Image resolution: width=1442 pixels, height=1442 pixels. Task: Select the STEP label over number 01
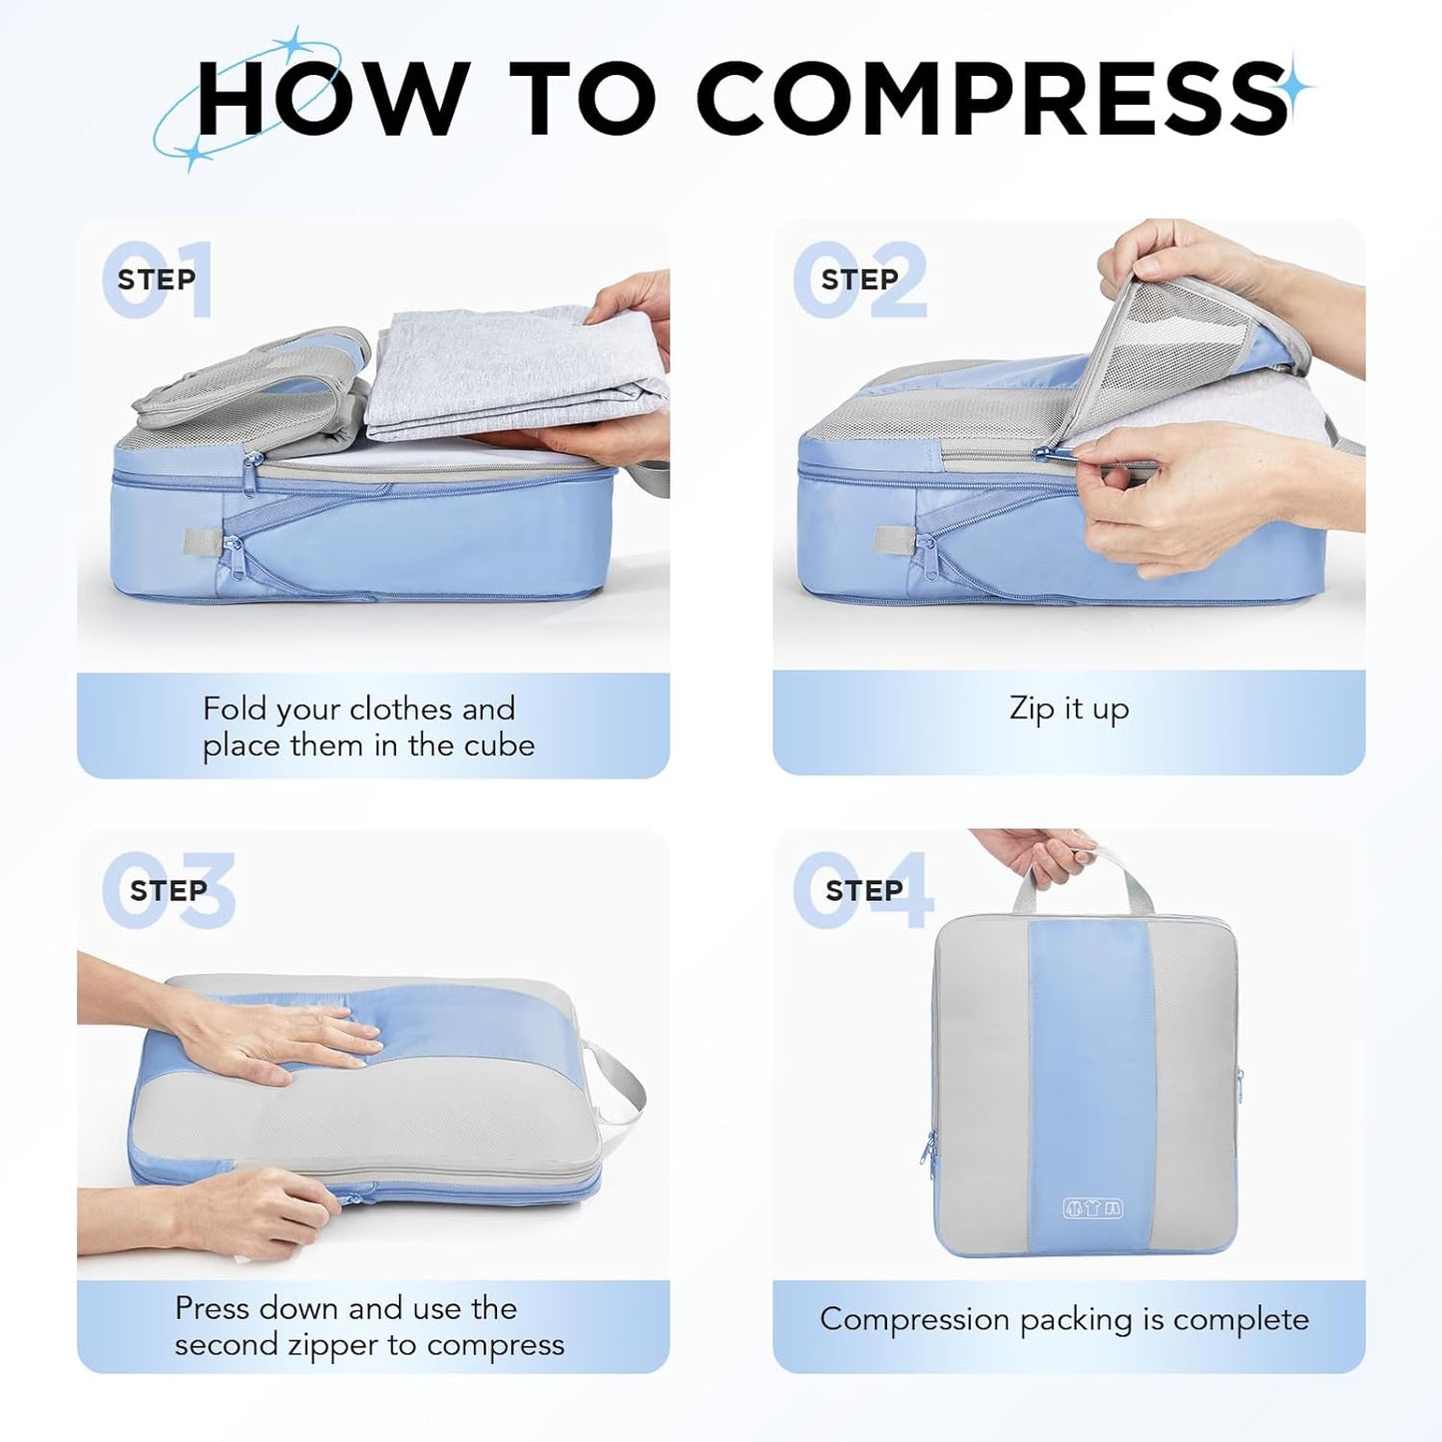click(x=156, y=279)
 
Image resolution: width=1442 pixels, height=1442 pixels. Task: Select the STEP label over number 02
click(x=859, y=279)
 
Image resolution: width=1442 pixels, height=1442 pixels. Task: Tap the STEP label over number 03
click(x=168, y=890)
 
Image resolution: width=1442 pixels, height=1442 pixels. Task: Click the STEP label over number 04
click(x=863, y=890)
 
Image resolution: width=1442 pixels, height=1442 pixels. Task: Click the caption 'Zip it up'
click(x=1069, y=709)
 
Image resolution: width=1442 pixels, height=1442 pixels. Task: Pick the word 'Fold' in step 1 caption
click(x=236, y=709)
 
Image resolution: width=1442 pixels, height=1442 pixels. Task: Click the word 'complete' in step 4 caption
click(x=1240, y=1319)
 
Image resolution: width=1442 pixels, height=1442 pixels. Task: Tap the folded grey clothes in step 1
click(x=499, y=374)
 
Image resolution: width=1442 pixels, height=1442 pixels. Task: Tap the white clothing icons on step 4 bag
click(x=1093, y=1208)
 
